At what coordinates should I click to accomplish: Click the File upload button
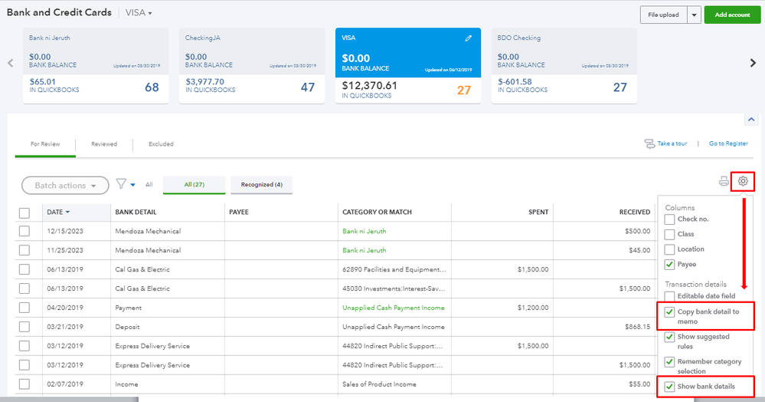pyautogui.click(x=663, y=15)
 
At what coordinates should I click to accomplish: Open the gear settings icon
pyautogui.click(x=743, y=181)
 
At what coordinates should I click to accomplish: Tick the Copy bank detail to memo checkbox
pyautogui.click(x=670, y=312)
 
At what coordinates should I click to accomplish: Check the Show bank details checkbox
pyautogui.click(x=670, y=386)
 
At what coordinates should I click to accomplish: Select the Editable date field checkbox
pyautogui.click(x=670, y=296)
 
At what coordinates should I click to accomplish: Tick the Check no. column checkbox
pyautogui.click(x=670, y=219)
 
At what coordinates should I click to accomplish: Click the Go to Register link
pyautogui.click(x=728, y=143)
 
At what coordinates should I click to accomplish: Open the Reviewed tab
pyautogui.click(x=104, y=143)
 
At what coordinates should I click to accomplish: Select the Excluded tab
pyautogui.click(x=161, y=143)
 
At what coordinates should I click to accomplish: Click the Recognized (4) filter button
pyautogui.click(x=261, y=184)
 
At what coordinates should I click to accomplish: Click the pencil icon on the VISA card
pyautogui.click(x=469, y=38)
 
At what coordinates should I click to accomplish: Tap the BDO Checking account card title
pyautogui.click(x=519, y=38)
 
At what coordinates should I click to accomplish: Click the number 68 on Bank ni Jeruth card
pyautogui.click(x=152, y=87)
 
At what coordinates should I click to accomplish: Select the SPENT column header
pyautogui.click(x=538, y=212)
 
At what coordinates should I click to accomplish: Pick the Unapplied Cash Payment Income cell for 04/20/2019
pyautogui.click(x=394, y=308)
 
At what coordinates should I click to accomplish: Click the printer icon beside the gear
pyautogui.click(x=724, y=181)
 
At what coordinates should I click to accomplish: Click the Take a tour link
pyautogui.click(x=672, y=143)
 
